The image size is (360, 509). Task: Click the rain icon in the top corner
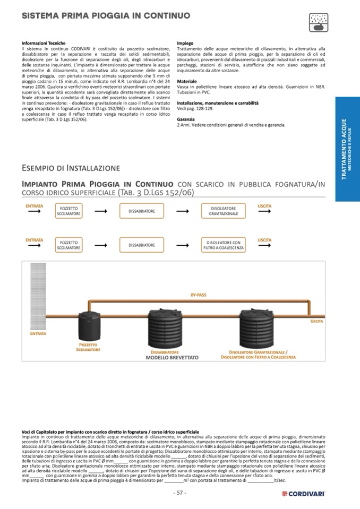tap(319, 21)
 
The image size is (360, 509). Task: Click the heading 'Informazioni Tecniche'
tap(39, 43)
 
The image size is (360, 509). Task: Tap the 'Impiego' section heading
tap(185, 43)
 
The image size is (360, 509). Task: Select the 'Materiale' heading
tap(186, 81)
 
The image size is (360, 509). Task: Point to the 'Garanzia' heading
tap(186, 119)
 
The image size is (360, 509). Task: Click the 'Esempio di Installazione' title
tap(71, 168)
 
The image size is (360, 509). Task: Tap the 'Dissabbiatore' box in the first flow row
tap(142, 211)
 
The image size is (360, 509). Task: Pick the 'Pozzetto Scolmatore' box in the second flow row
tap(69, 245)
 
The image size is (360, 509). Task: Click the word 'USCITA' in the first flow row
tap(264, 205)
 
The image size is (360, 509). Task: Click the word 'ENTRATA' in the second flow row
tap(34, 240)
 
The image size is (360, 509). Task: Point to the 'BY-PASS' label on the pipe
tap(199, 295)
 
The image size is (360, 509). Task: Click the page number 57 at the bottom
tap(180, 493)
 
